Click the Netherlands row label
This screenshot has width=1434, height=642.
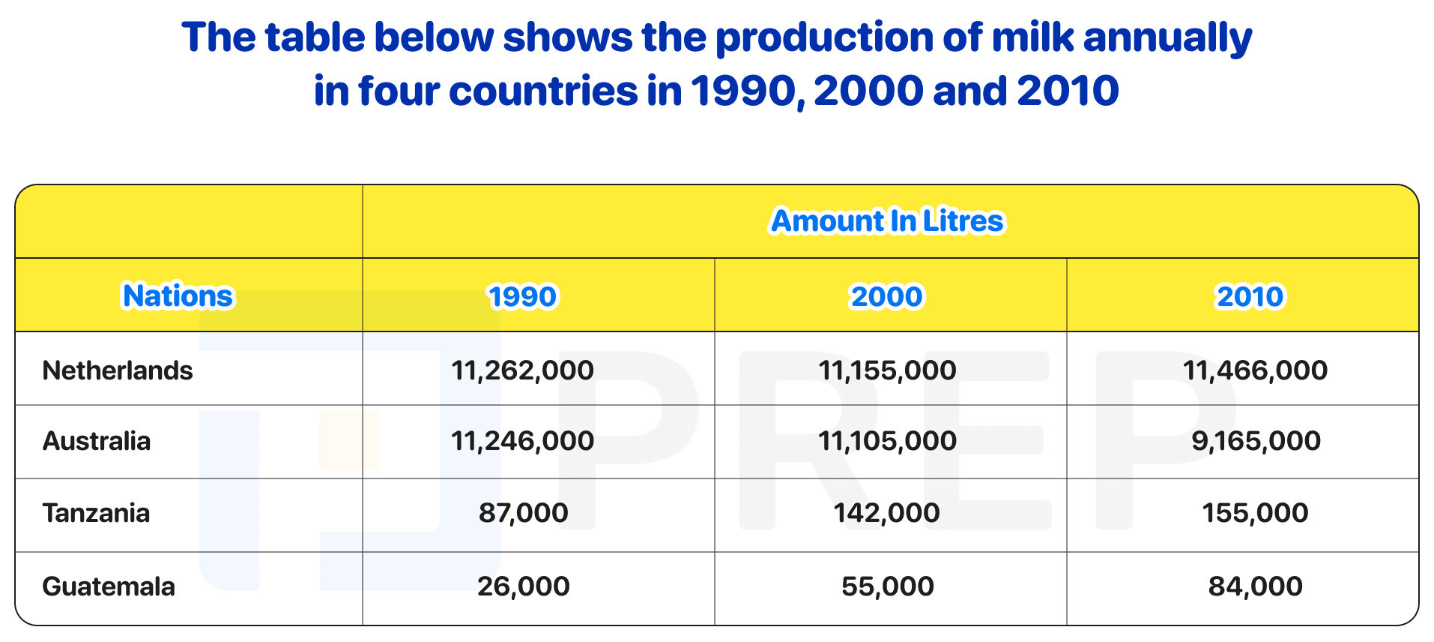point(118,370)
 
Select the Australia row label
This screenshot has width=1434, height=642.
point(97,441)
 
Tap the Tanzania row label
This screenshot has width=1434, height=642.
point(97,513)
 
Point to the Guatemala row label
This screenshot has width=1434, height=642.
point(109,586)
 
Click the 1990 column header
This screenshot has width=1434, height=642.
point(523,296)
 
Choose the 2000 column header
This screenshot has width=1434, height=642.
point(887,296)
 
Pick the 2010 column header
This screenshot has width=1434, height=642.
point(1250,296)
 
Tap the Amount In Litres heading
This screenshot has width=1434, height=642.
point(888,221)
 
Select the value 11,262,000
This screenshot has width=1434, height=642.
point(523,370)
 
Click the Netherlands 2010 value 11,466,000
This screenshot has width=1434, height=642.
point(1256,370)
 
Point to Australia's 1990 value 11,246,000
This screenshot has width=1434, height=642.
point(523,441)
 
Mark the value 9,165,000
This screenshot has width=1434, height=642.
point(1256,441)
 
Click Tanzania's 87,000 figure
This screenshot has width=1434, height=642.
point(524,513)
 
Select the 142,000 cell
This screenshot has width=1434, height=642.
point(887,513)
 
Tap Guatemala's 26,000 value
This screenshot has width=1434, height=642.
point(524,586)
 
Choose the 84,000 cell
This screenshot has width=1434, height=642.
point(1256,586)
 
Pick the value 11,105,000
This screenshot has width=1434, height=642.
point(888,441)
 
